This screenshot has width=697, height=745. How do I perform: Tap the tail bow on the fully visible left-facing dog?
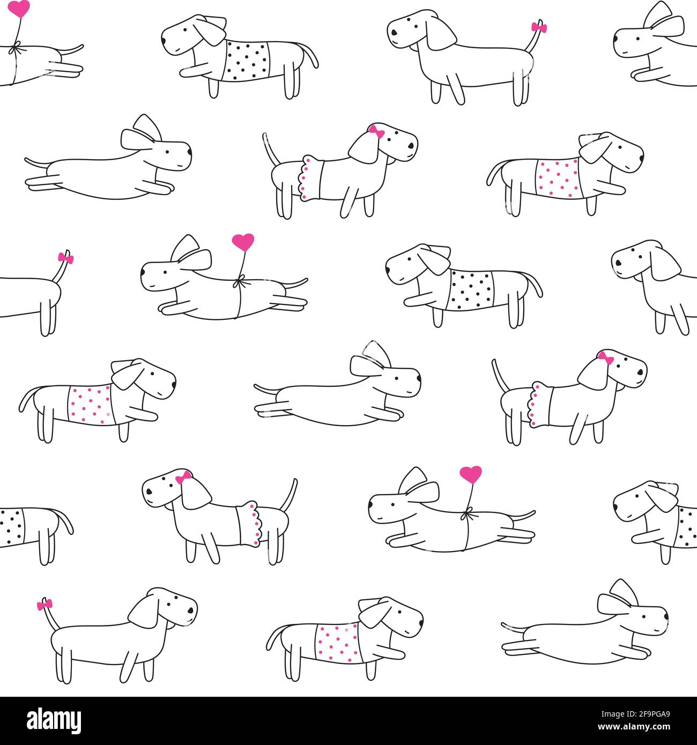click(536, 27)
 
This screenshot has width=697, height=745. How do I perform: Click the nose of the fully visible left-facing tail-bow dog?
click(393, 32)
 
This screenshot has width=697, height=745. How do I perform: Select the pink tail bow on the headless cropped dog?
click(66, 258)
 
